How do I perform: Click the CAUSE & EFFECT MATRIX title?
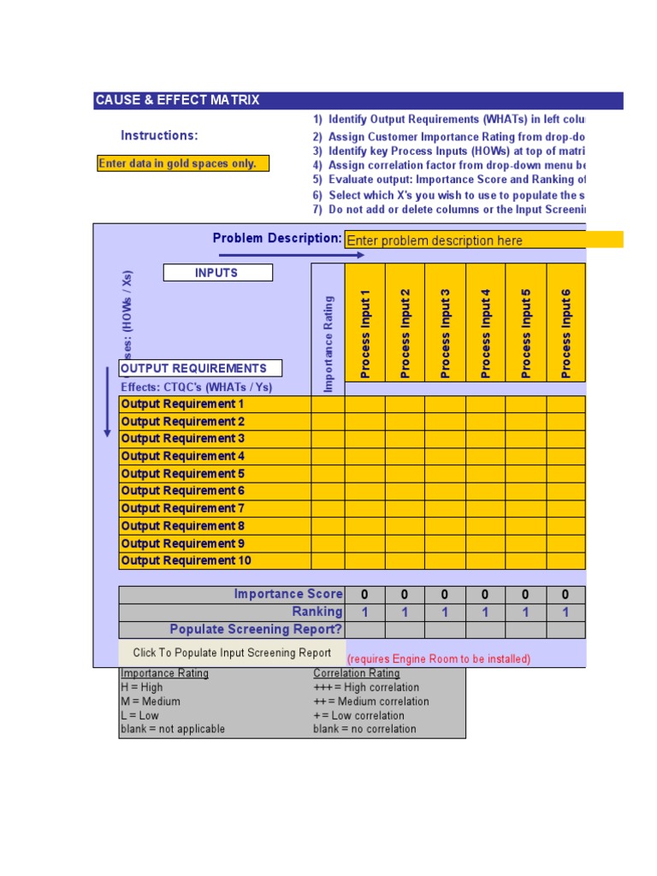point(177,100)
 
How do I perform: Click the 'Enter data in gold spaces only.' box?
point(183,163)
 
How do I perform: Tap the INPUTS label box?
point(217,273)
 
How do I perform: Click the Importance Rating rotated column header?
point(328,342)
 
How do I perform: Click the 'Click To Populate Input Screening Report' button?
point(232,653)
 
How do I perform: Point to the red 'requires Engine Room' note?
point(438,659)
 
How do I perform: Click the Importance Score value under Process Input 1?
point(364,595)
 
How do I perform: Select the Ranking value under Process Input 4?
point(485,613)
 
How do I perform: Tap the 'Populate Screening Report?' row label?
point(256,630)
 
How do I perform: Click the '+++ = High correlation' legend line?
point(366,688)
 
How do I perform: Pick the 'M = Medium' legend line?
point(151,701)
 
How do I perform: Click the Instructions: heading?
point(159,135)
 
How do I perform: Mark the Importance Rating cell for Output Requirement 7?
point(328,509)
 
